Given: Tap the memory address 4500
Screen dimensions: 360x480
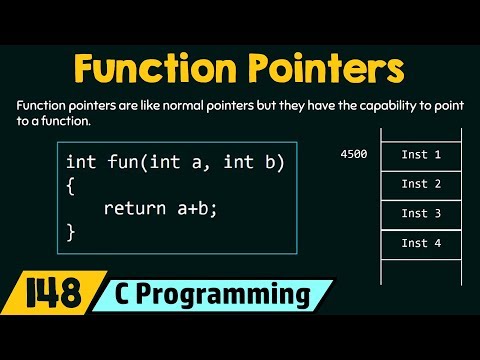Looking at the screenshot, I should coord(352,155).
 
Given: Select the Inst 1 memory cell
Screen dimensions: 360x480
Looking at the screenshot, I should coord(421,155).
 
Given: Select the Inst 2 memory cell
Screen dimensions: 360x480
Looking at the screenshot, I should coord(421,184).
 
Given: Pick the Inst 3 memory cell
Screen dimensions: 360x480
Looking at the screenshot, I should coord(421,213).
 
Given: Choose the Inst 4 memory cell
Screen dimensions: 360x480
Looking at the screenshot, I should coord(421,243).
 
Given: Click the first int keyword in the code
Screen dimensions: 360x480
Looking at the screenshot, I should coord(80,161).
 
